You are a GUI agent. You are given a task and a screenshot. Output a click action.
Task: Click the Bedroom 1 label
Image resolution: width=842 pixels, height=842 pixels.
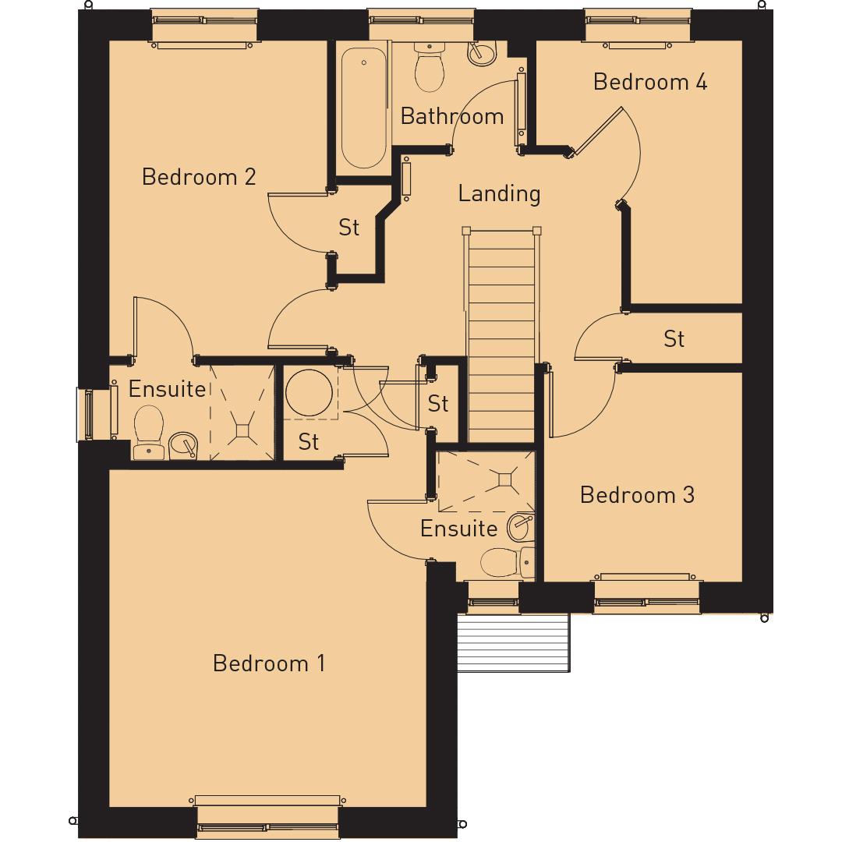click(x=269, y=663)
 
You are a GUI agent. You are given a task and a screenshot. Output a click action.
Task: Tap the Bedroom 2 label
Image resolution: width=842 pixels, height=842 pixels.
click(x=199, y=177)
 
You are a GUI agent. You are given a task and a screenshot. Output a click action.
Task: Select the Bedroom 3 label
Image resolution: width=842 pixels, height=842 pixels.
click(x=637, y=495)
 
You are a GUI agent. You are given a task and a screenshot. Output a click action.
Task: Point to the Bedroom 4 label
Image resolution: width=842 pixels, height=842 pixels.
click(x=650, y=82)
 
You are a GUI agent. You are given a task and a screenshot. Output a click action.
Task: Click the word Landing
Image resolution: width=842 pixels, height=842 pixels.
click(x=499, y=193)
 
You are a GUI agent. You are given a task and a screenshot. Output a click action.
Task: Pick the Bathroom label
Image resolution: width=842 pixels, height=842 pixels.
click(x=452, y=116)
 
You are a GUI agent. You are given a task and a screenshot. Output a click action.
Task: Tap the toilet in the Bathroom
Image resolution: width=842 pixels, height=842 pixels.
click(x=429, y=68)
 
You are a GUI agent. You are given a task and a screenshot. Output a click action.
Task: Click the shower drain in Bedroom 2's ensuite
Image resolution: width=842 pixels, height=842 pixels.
click(x=243, y=429)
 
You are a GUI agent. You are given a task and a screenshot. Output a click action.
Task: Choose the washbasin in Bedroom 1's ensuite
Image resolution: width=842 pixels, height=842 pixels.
click(x=520, y=527)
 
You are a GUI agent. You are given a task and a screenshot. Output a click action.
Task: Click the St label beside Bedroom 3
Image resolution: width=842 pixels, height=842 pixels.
click(x=674, y=339)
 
